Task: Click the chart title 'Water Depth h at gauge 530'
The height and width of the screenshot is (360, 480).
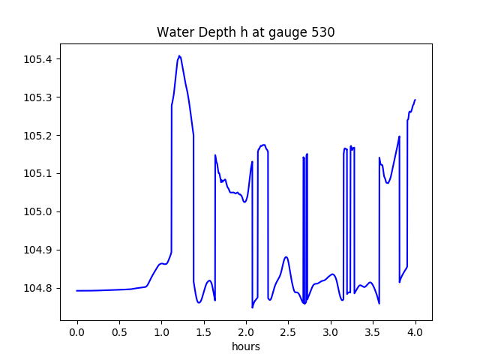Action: (x=245, y=33)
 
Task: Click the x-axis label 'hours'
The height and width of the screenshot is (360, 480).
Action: (x=246, y=348)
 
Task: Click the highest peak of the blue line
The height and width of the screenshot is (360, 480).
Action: (x=179, y=55)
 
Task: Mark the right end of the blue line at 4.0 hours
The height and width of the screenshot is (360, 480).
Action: (x=415, y=100)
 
